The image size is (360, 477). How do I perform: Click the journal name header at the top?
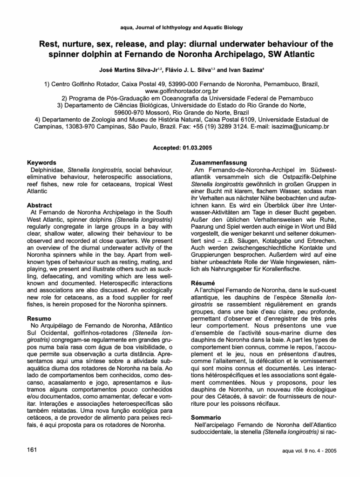point(180,28)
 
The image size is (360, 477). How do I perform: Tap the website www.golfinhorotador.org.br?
point(180,91)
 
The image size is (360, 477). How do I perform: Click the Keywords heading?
point(42,163)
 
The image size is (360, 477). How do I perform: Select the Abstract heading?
point(40,205)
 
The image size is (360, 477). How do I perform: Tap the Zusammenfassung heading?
point(219,163)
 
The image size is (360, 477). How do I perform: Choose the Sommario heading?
point(206,417)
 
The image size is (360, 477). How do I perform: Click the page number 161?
point(33,450)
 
